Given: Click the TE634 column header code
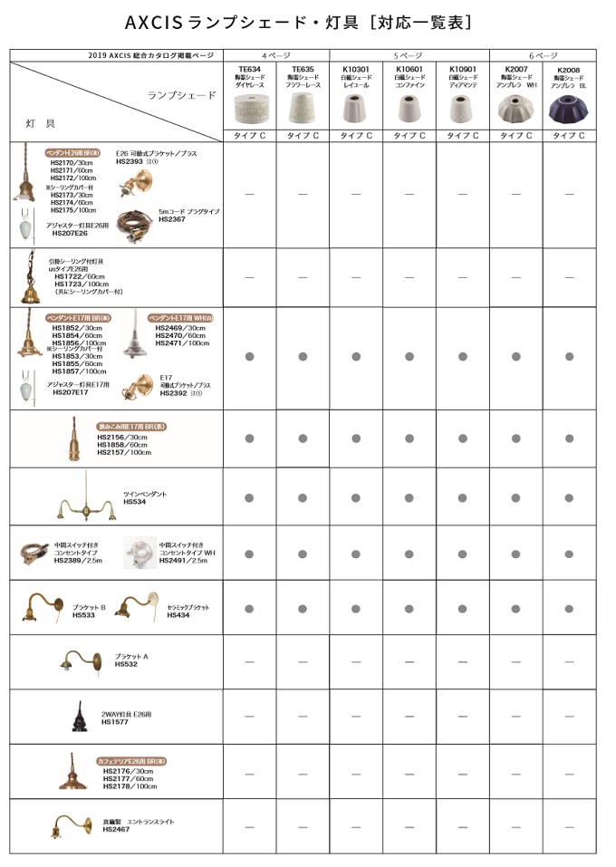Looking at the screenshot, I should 249,69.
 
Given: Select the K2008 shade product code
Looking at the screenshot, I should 569,70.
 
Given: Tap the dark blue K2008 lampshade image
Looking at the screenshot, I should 569,110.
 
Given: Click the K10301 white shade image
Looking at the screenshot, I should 356,110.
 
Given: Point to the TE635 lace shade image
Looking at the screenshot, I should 303,110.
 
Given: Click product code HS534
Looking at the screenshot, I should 134,502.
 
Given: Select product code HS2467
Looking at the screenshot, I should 114,829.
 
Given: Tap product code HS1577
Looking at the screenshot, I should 114,723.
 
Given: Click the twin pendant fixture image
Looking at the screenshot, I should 85,497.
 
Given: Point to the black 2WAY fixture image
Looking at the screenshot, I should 81,717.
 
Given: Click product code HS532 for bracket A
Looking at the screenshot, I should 126,664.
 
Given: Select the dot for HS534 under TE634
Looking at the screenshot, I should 249,496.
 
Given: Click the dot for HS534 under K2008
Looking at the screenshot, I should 569,496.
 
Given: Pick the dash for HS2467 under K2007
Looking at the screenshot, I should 515,826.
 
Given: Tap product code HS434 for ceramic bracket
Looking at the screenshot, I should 178,615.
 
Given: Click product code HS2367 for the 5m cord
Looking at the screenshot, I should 171,219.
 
